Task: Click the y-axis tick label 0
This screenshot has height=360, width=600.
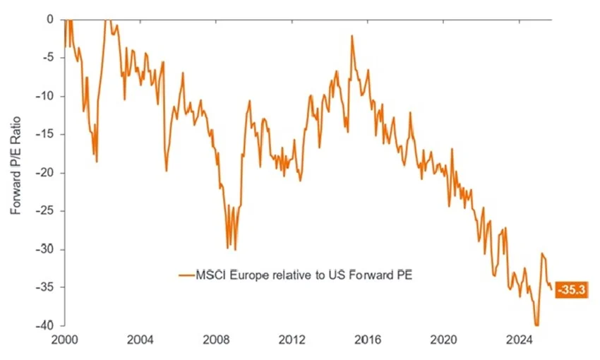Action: [x=49, y=20]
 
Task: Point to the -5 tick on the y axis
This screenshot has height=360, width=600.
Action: [x=47, y=58]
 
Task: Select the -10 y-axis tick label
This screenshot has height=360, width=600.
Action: [x=44, y=96]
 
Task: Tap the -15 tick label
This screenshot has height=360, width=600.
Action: [x=44, y=134]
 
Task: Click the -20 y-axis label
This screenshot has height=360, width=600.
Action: [x=44, y=173]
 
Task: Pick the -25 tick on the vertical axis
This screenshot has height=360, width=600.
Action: [x=44, y=211]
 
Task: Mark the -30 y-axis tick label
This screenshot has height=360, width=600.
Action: [x=44, y=249]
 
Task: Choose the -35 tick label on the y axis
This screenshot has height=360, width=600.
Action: [x=44, y=287]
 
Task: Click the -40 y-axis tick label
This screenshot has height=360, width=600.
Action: [x=44, y=326]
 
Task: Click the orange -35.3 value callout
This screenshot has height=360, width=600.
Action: [x=572, y=289]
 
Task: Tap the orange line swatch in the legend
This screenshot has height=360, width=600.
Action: [x=186, y=275]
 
